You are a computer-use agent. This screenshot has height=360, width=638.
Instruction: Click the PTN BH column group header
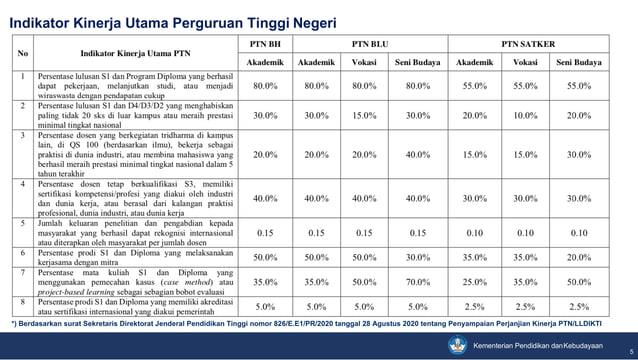265,43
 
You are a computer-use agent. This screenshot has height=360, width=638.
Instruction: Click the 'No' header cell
22,52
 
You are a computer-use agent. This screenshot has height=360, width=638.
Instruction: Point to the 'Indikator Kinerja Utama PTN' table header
135,52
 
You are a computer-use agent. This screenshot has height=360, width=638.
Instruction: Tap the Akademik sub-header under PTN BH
265,61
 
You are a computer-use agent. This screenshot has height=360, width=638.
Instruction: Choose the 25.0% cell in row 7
474,283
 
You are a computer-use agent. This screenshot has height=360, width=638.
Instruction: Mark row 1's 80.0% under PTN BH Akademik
265,87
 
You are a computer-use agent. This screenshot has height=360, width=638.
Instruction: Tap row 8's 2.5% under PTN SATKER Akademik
474,307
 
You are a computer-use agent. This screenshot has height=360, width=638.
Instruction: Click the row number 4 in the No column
22,183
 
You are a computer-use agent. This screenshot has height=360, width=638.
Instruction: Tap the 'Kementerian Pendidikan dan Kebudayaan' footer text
538,344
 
